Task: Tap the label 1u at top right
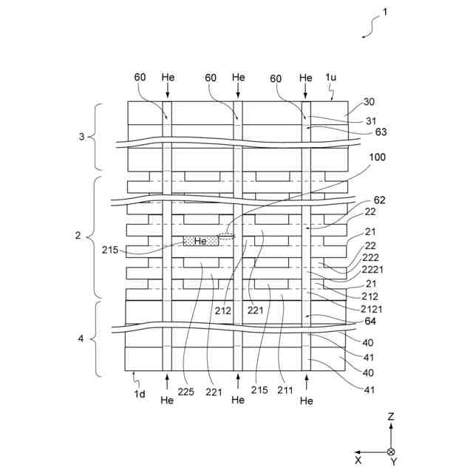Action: pyautogui.click(x=333, y=78)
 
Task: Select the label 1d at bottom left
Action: pyautogui.click(x=140, y=395)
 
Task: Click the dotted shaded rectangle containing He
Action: pyautogui.click(x=200, y=241)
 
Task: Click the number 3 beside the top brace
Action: pyautogui.click(x=83, y=137)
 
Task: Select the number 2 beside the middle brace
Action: pyautogui.click(x=78, y=236)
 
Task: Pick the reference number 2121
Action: pyautogui.click(x=371, y=308)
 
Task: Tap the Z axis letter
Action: pyautogui.click(x=390, y=417)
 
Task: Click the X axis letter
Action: pyautogui.click(x=358, y=460)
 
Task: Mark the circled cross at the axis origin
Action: pyautogui.click(x=391, y=452)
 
